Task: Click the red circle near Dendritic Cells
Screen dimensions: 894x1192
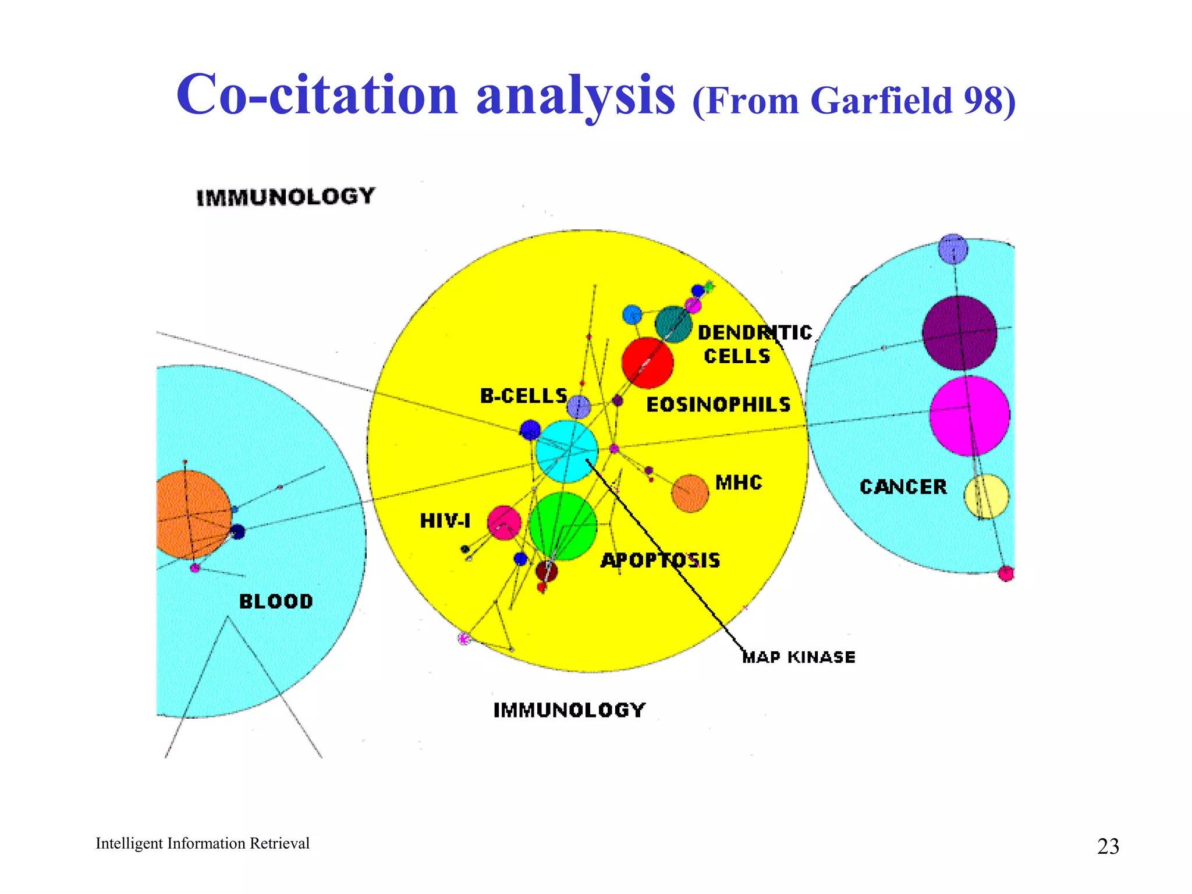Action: point(647,363)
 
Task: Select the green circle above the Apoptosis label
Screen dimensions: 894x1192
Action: point(563,526)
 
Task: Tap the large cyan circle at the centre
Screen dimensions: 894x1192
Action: point(566,452)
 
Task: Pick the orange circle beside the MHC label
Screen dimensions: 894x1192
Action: point(690,494)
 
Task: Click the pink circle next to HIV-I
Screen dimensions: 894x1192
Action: point(503,523)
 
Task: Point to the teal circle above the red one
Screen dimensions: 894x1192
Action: point(673,324)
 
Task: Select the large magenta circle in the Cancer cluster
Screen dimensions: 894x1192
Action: point(969,416)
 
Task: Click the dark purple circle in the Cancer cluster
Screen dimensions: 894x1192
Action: point(959,332)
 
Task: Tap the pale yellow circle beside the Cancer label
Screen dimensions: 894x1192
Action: point(986,496)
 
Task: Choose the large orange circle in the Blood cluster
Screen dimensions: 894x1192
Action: point(192,515)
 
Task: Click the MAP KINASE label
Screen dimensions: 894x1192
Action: point(799,657)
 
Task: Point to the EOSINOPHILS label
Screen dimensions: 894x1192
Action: point(718,405)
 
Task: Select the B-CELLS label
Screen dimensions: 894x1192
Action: point(523,396)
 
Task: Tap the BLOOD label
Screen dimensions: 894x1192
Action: point(276,601)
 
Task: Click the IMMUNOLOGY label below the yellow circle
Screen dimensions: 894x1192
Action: point(569,710)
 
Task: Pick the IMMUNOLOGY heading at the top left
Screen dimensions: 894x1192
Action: point(285,197)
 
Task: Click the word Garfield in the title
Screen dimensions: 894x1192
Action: point(881,101)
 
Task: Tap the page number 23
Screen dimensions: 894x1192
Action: point(1108,846)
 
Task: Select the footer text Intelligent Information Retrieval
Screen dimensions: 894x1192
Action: point(202,843)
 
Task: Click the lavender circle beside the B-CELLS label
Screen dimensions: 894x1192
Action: point(579,407)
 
